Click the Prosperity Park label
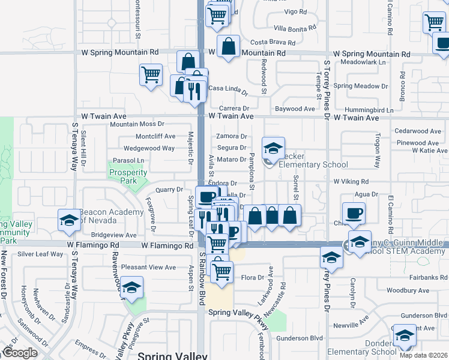click(x=128, y=177)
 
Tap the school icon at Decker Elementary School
click(x=274, y=148)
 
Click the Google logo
click(x=19, y=353)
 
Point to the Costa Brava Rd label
click(x=273, y=43)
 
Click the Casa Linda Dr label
click(x=228, y=90)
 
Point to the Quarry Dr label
click(x=169, y=190)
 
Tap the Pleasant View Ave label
click(x=148, y=267)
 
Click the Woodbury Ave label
click(x=408, y=290)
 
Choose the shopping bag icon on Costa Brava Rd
click(x=229, y=46)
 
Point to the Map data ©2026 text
click(x=424, y=355)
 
